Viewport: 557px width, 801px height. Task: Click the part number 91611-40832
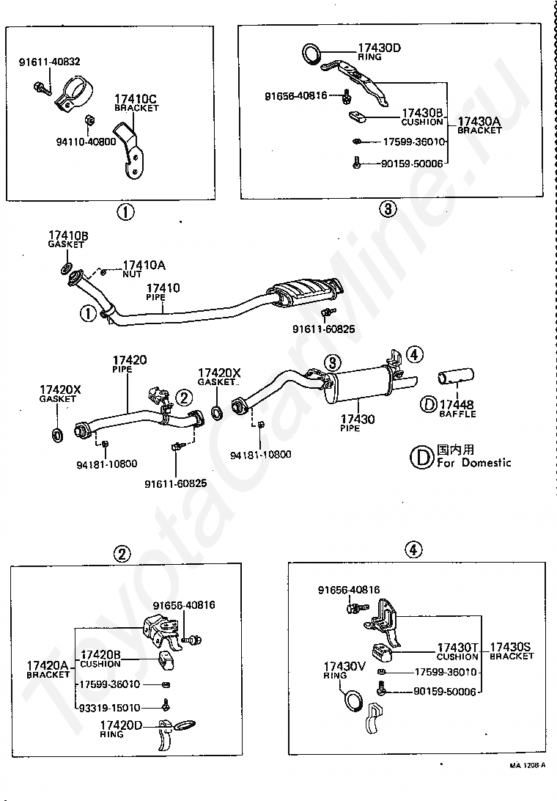(50, 62)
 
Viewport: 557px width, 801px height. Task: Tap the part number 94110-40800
(85, 141)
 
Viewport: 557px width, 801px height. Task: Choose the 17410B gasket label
(67, 238)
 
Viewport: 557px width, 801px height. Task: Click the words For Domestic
(474, 463)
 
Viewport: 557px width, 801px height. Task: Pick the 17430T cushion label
(457, 651)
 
